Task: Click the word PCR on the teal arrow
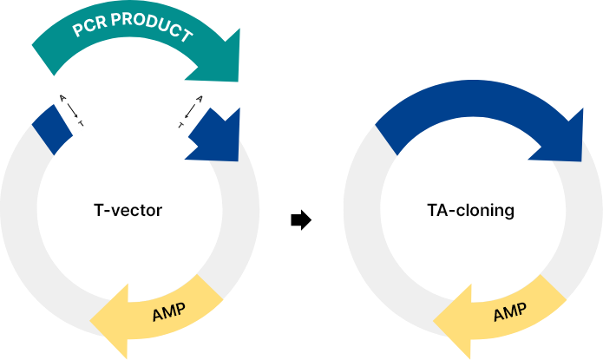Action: tap(89, 25)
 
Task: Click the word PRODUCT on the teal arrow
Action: tap(153, 26)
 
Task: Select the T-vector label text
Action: tap(128, 210)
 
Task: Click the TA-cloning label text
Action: tap(471, 211)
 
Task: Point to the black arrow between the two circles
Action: tap(301, 220)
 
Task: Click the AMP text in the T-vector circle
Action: tap(169, 312)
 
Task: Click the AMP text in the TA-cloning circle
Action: tap(510, 312)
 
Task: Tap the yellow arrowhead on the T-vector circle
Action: tap(109, 321)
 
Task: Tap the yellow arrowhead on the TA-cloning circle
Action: tap(453, 321)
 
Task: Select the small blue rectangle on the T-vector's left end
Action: tap(52, 129)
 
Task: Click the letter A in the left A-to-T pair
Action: tap(63, 99)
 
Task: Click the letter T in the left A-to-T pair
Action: tap(81, 123)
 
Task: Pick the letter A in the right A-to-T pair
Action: tap(200, 99)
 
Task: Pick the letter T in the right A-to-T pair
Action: tap(180, 125)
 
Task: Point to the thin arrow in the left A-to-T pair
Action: tap(72, 111)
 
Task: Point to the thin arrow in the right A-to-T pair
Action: tap(190, 112)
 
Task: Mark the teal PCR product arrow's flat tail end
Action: tap(43, 61)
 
